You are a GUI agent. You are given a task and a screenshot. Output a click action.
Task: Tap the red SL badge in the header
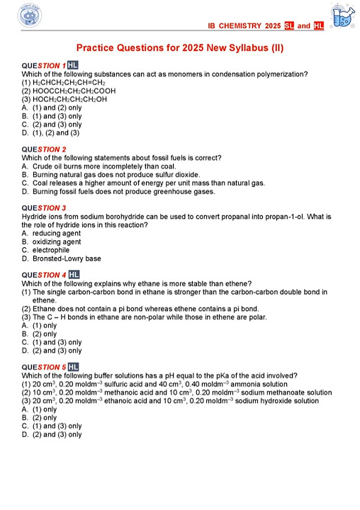coord(288,25)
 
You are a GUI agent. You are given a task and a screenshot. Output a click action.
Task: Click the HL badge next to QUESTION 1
coord(73,66)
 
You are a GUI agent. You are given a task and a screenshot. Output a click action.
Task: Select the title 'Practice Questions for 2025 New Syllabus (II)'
coord(180,47)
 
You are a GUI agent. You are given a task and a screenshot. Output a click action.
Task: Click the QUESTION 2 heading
coord(44,149)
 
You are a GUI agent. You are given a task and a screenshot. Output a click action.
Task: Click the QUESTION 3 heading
coord(44,208)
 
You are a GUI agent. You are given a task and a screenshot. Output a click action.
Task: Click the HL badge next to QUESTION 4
coord(74,275)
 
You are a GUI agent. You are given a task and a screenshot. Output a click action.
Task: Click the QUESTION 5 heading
coord(44,367)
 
